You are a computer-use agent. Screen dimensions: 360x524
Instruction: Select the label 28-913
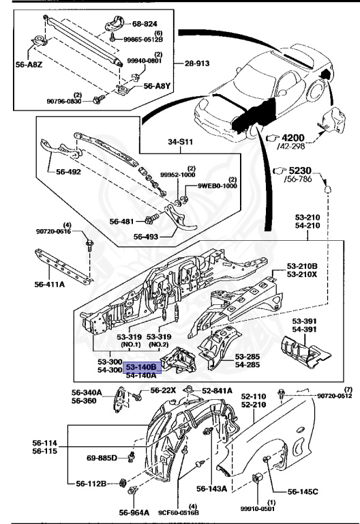click(197, 63)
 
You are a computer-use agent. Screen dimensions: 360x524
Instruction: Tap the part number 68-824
click(145, 24)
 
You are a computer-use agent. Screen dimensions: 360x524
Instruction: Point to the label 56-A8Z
click(29, 65)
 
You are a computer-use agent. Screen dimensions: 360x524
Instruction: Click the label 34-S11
click(180, 142)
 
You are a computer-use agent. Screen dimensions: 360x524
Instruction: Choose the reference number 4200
click(293, 138)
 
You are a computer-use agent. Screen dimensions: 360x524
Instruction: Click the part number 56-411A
click(49, 285)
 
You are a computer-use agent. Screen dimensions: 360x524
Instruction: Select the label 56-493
click(146, 237)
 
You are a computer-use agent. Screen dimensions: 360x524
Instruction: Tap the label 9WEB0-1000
click(217, 186)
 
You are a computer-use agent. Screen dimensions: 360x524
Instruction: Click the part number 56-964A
click(134, 512)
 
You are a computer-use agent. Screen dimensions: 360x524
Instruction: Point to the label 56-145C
click(303, 491)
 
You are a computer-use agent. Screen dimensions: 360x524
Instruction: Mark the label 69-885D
click(102, 458)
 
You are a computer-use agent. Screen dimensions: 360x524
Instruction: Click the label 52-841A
click(217, 391)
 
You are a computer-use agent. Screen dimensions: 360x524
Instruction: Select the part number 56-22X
click(163, 390)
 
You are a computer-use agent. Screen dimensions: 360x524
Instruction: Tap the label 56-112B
click(91, 484)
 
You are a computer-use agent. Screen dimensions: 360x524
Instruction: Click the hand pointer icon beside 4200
click(273, 138)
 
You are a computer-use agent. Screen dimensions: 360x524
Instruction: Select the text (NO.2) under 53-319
click(159, 345)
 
